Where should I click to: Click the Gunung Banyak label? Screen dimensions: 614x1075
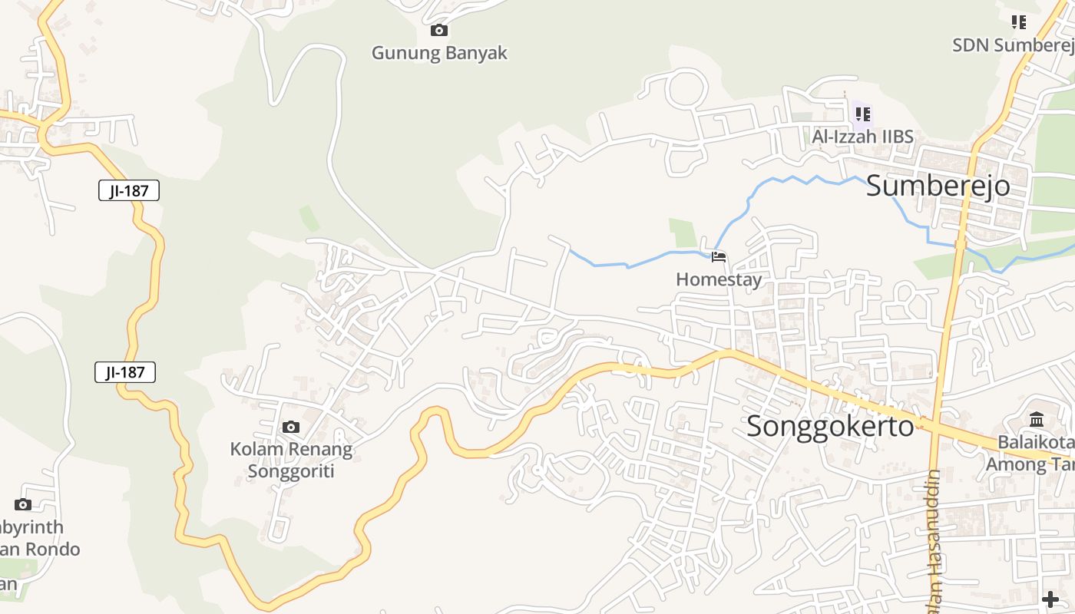(x=439, y=53)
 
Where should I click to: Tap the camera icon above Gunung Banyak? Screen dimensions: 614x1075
(x=439, y=31)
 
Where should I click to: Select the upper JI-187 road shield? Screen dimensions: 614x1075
(x=129, y=190)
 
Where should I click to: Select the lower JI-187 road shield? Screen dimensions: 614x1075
(x=126, y=372)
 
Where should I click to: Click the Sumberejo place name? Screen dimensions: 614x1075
(x=938, y=186)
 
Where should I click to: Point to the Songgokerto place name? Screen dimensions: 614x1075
(x=830, y=426)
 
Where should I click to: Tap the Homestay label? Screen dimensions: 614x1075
(x=719, y=279)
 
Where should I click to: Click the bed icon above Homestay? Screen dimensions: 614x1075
(x=719, y=257)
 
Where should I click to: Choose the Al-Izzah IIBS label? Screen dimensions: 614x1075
(x=863, y=137)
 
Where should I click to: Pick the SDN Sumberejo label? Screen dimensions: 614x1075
(x=1012, y=45)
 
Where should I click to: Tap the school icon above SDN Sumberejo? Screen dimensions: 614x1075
(x=1019, y=22)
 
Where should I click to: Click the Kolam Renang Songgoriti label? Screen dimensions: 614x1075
(x=291, y=459)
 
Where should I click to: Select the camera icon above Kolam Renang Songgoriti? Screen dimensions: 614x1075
(x=291, y=427)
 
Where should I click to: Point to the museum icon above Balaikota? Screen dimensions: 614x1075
(x=1037, y=420)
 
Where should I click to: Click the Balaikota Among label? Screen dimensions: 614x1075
(x=1033, y=454)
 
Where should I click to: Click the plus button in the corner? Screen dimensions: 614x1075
(x=1050, y=599)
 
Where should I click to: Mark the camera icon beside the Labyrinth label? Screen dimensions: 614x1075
(x=23, y=504)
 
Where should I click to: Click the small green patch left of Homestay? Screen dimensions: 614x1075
(x=682, y=233)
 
